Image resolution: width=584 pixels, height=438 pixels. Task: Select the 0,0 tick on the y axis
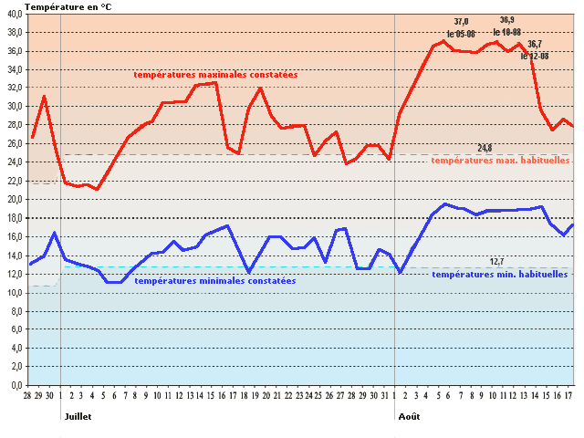coord(15,385)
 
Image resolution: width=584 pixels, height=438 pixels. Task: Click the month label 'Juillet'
coord(78,416)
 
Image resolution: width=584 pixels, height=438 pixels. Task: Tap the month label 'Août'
coord(410,416)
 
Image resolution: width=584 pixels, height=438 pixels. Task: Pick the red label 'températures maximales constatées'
coord(215,75)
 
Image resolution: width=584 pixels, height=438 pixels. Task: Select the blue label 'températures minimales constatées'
coord(214,281)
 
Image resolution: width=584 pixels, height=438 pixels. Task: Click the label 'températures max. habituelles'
coord(500,160)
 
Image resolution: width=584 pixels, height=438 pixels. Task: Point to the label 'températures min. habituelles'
coord(500,274)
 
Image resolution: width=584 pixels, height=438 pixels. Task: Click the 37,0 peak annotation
coord(461,22)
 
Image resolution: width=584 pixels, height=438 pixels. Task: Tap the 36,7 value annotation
coord(535,44)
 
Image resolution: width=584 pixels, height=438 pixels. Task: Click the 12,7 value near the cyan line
coord(497,261)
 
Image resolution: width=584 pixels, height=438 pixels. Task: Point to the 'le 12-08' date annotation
coord(535,56)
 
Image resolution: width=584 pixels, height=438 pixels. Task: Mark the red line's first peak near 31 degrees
coord(44,96)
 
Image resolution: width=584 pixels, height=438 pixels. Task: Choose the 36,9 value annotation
coord(507,20)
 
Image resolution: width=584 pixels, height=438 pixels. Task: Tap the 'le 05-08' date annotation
coord(461,34)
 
